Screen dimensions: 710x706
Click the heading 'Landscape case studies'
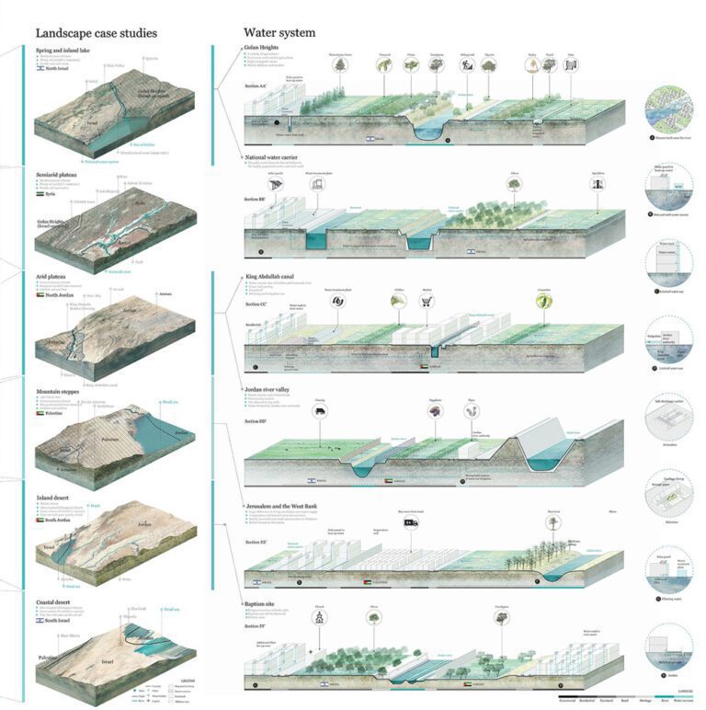point(96,33)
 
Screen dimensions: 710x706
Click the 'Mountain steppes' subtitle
point(60,391)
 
